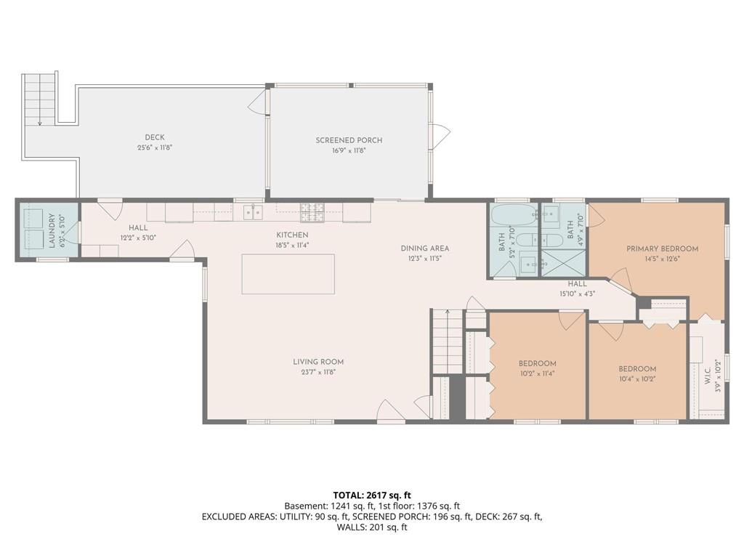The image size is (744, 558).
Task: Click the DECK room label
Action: click(155, 137)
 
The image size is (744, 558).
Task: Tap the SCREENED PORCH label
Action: click(349, 140)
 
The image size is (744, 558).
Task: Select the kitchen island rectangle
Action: click(288, 274)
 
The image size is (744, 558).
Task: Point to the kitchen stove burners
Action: click(312, 212)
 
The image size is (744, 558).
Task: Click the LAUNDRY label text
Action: click(52, 230)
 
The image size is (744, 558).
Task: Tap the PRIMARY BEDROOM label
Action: click(663, 248)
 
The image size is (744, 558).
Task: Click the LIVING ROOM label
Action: click(318, 362)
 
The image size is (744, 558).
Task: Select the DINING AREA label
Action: click(424, 248)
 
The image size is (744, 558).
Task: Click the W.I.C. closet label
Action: click(707, 375)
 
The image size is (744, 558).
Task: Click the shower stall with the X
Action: click(564, 262)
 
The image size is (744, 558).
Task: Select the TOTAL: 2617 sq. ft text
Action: click(372, 496)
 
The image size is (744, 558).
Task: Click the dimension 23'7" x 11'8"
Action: click(318, 372)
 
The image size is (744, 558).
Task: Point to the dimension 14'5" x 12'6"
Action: click(663, 259)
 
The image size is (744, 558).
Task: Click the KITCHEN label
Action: click(292, 235)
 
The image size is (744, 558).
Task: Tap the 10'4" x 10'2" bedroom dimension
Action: click(638, 379)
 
